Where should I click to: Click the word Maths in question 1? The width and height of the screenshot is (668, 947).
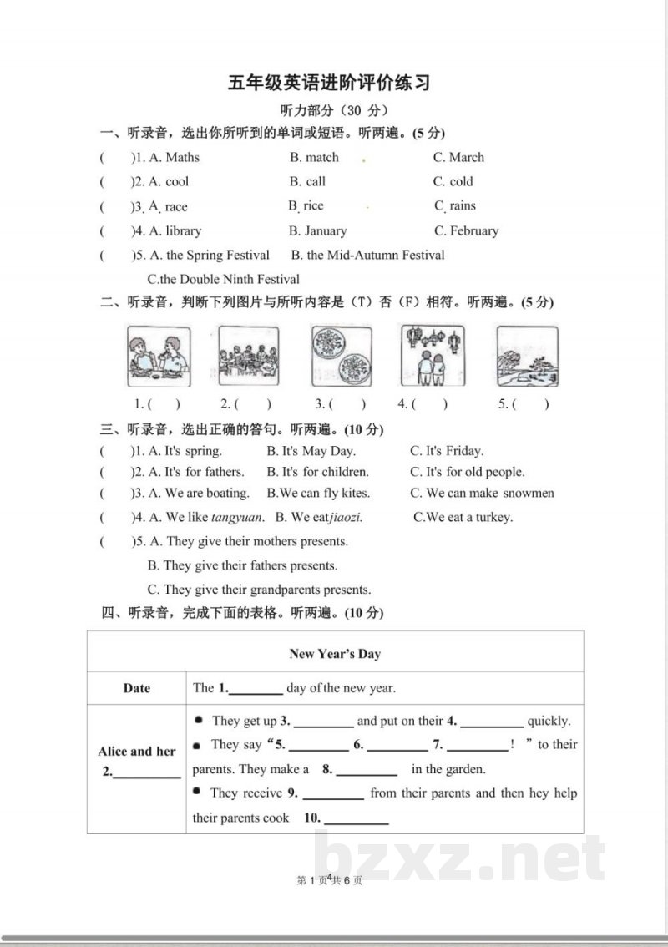pos(183,157)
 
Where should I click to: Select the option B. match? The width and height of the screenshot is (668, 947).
pos(314,157)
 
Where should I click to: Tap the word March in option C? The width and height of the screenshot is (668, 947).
pos(466,157)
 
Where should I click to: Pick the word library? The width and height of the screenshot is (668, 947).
pos(183,230)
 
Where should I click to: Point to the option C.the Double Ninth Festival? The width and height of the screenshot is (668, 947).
pos(223,279)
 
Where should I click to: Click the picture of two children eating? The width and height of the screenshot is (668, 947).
pos(159,354)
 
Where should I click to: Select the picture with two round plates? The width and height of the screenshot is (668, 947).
pos(342,354)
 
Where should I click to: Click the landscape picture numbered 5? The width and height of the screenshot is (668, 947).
pos(527,354)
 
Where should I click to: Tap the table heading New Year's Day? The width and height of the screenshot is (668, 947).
pos(335,653)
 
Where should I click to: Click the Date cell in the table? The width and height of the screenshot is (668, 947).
pos(137,688)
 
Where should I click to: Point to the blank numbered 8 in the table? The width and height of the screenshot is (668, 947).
pos(367,770)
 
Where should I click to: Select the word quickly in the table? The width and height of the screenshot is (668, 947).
pos(549,721)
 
